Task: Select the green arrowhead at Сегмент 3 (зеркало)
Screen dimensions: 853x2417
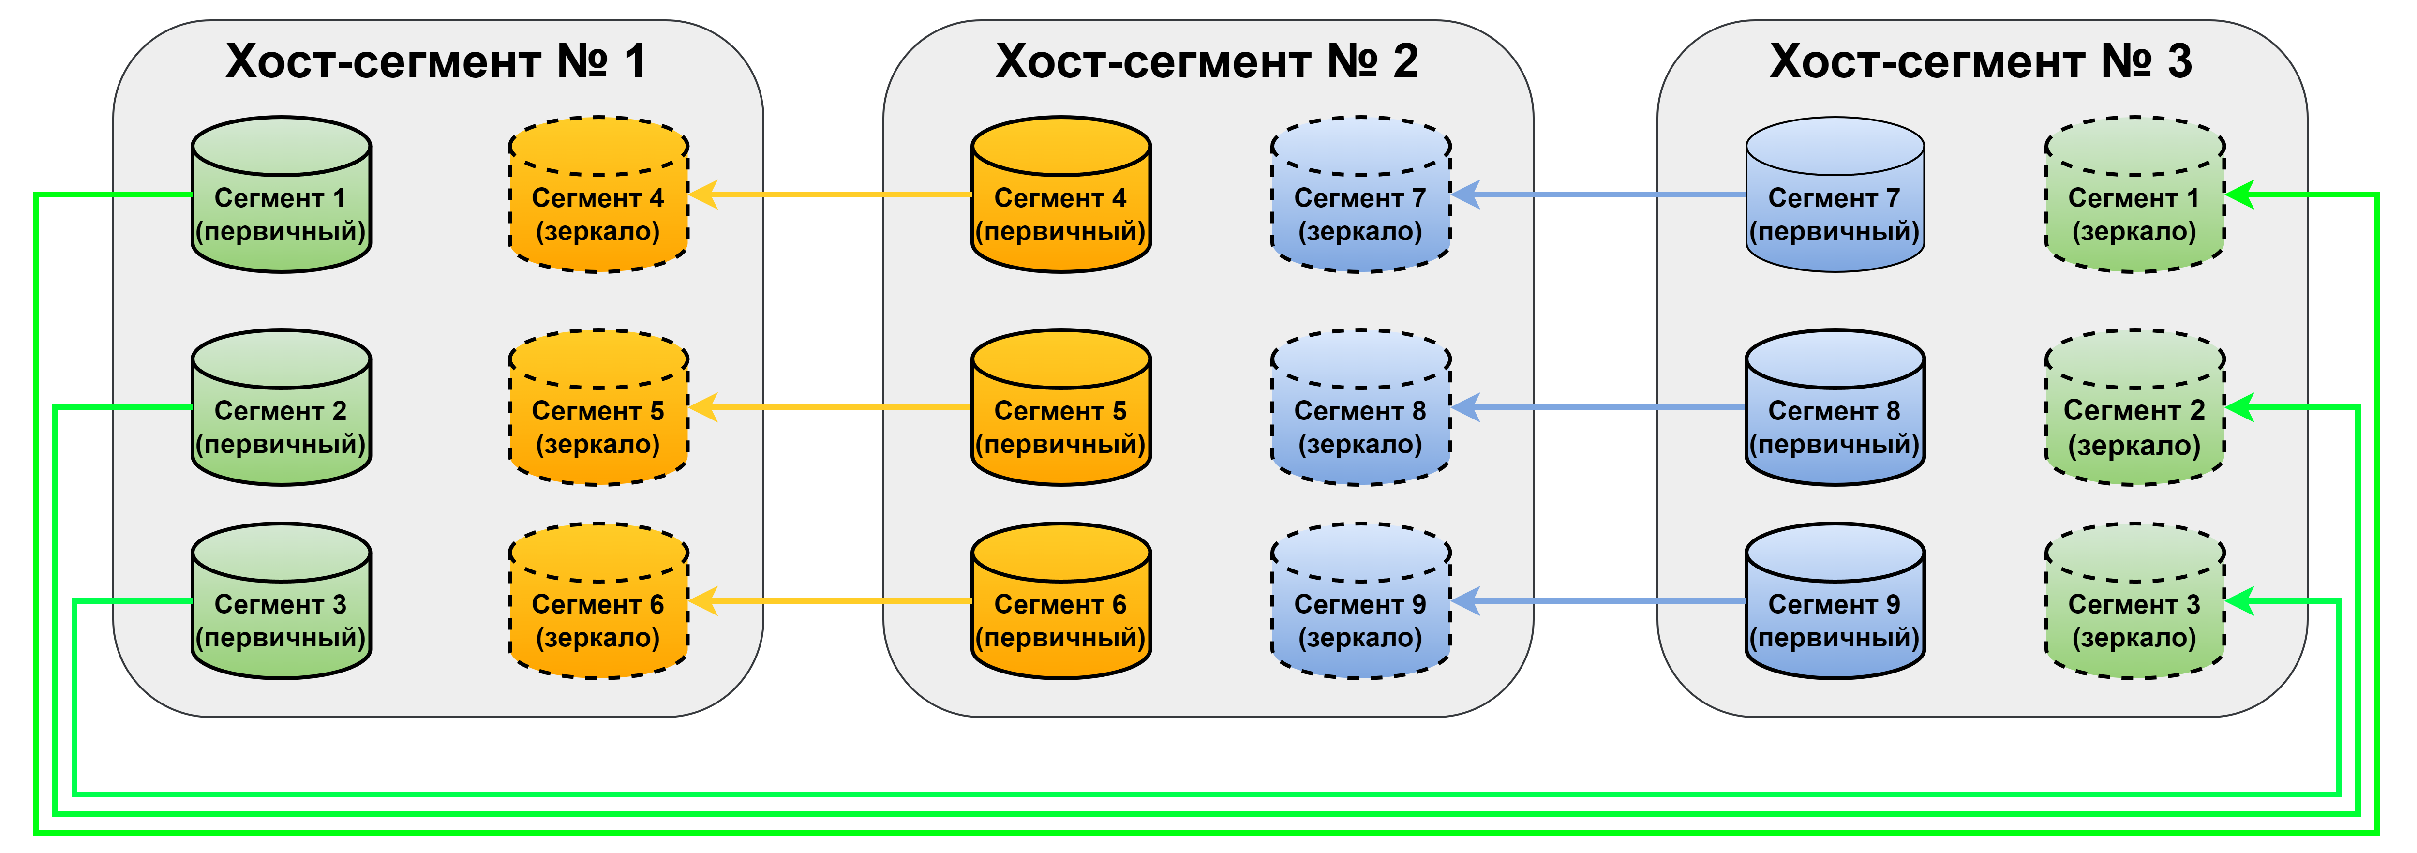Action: (x=2239, y=600)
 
